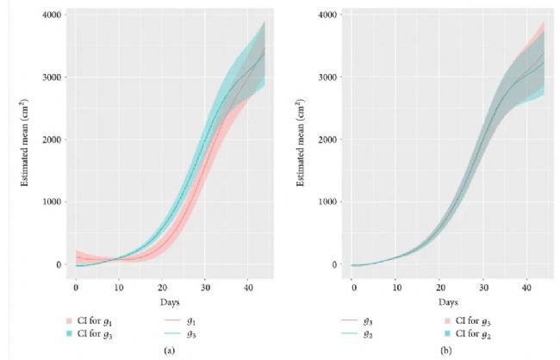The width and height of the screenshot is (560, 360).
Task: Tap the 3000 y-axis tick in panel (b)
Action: (x=328, y=78)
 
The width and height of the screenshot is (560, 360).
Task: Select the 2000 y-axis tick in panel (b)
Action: (x=328, y=140)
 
